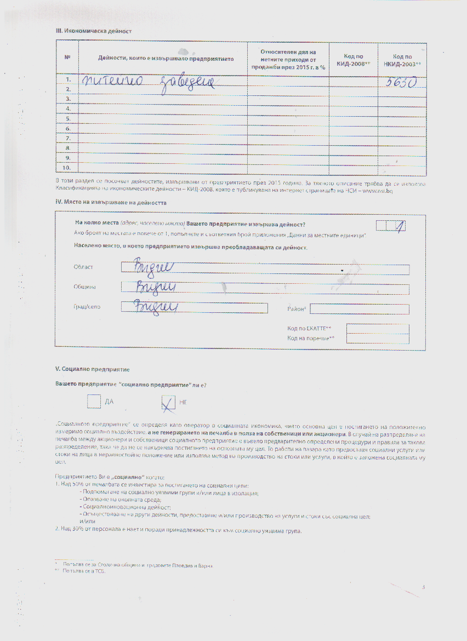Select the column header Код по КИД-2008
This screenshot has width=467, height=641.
pos(353,59)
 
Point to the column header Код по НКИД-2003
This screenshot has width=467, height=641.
pos(407,59)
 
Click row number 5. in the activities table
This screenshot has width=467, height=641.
pos(69,118)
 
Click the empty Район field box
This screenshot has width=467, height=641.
pos(360,309)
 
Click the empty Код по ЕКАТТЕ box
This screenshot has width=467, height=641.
pos(377,329)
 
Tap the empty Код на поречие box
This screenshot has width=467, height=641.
pos(377,339)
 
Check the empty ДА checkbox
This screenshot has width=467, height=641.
pos(94,402)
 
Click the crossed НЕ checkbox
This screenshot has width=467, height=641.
pos(168,403)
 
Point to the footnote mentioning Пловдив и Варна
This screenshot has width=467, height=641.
pos(137,564)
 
